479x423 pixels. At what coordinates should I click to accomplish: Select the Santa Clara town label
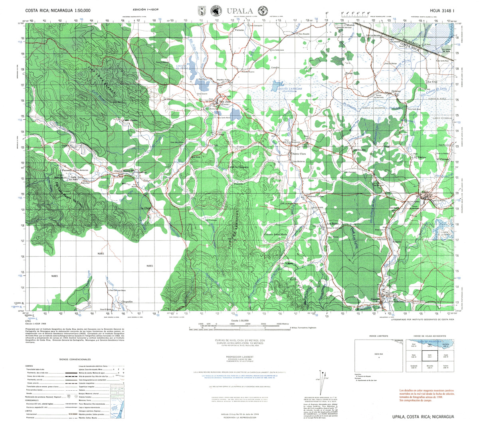tap(299, 154)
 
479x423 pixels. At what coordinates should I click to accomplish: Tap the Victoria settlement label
tap(239, 30)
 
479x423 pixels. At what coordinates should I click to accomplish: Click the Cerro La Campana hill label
tap(238, 167)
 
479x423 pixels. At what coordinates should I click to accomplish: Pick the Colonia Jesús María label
tap(276, 234)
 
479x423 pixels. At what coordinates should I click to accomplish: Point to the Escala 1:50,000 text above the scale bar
tap(239, 320)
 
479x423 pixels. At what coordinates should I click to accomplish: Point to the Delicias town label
tap(396, 91)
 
